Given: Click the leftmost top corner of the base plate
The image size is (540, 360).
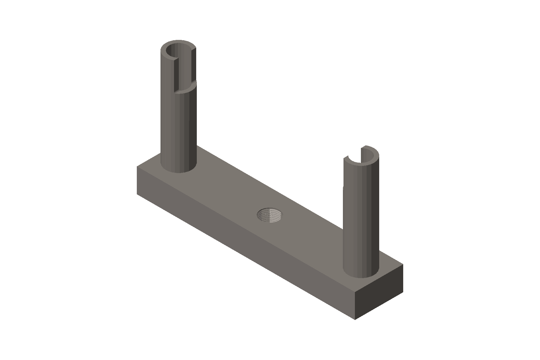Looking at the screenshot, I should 137,166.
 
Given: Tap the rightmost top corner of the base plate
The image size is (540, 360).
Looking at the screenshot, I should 403,265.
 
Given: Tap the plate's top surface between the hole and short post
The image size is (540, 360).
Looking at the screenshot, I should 312,237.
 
